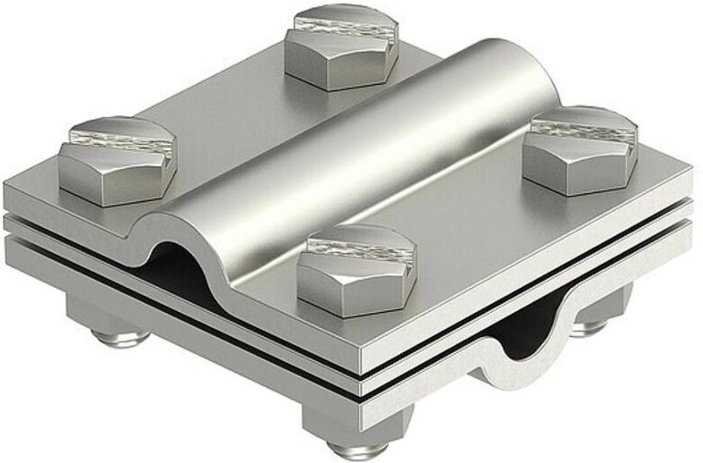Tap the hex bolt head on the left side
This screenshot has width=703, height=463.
117,161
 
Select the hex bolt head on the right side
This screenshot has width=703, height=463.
579,152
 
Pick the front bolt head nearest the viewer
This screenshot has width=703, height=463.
356,273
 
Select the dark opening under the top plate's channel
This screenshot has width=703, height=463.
183,268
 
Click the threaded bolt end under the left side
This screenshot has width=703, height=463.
121,339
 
